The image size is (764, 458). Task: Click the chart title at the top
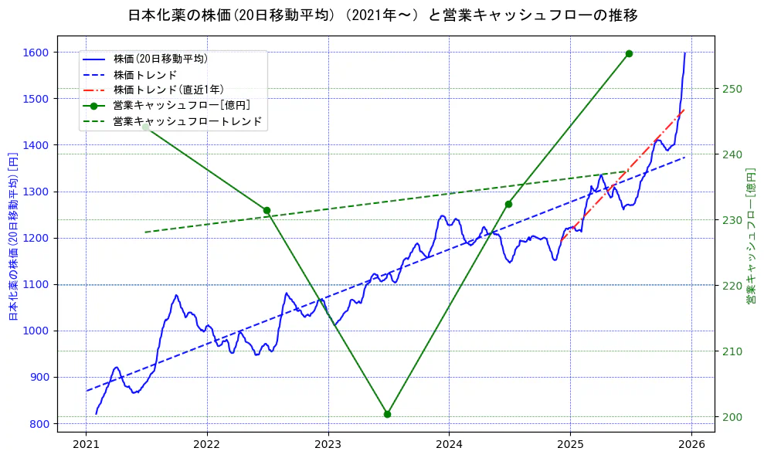[382, 15]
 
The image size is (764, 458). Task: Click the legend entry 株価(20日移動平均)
[160, 59]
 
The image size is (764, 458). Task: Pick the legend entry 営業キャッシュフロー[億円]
[181, 106]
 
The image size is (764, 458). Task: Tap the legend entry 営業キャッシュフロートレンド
[187, 121]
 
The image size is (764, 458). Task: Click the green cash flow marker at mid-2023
[387, 414]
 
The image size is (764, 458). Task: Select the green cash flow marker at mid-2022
[267, 210]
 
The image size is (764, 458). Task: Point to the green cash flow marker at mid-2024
[508, 204]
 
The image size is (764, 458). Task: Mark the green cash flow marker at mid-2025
[629, 53]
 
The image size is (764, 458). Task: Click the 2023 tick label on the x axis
[328, 444]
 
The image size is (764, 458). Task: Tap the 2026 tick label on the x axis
[691, 444]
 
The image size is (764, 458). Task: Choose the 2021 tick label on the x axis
[87, 444]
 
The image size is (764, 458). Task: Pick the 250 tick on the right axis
[732, 89]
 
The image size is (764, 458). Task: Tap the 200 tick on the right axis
[732, 417]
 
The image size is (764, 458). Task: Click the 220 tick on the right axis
[732, 286]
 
